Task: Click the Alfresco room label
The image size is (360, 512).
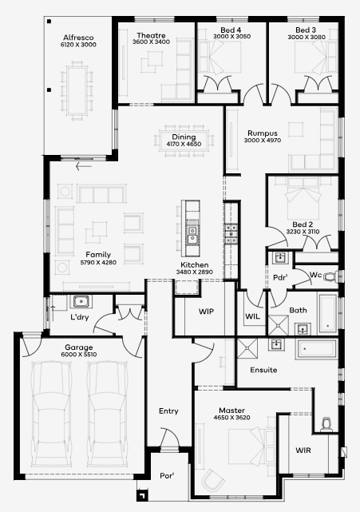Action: (78, 38)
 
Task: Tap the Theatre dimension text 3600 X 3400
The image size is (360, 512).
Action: (151, 42)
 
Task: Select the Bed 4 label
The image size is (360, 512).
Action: (231, 30)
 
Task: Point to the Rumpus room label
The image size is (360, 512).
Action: (263, 133)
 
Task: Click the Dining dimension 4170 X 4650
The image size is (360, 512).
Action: (184, 144)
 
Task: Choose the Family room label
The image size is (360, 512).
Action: (98, 255)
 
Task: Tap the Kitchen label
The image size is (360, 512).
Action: (195, 265)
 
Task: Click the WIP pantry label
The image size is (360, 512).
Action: (206, 312)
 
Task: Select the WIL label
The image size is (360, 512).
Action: (252, 316)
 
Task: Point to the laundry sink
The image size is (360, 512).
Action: (81, 301)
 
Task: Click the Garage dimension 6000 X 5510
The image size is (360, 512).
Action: (79, 355)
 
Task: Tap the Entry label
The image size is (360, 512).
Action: (168, 411)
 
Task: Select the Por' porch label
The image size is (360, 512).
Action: (167, 476)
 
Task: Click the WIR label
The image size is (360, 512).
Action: (303, 450)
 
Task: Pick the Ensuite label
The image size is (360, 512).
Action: (263, 370)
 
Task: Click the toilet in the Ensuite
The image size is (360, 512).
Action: (326, 424)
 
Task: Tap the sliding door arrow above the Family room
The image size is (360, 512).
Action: (84, 166)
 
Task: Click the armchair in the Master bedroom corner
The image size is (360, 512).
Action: (213, 480)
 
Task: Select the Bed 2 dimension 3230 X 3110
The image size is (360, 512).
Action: (303, 232)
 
